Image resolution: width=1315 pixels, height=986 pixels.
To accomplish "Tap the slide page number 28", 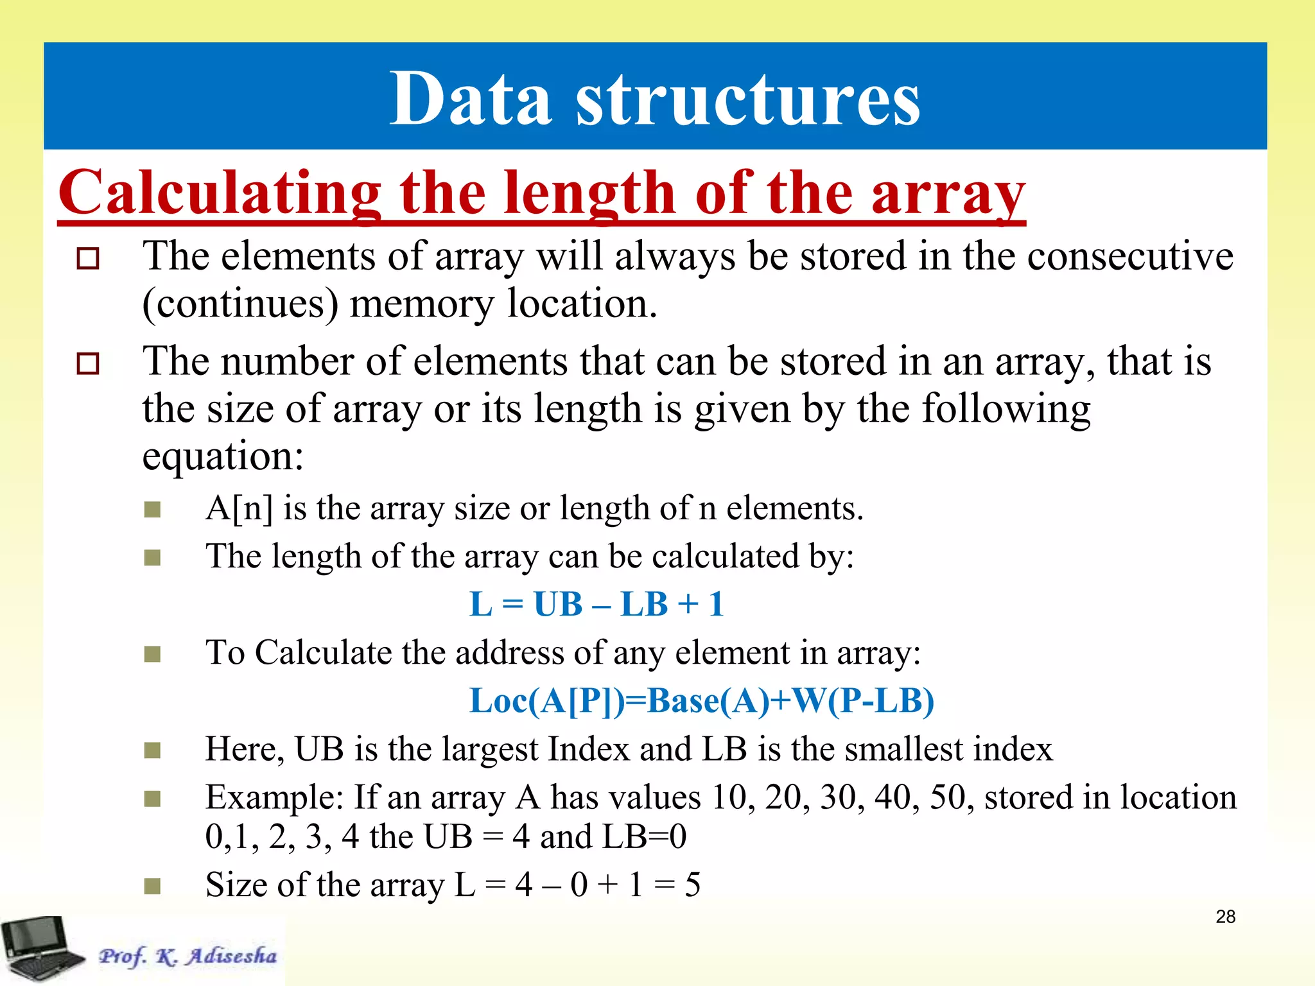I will pos(1225,917).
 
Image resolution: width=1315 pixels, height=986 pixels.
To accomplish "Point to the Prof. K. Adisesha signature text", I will pos(187,956).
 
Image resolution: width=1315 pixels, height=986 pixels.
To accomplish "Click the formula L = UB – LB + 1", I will pos(597,604).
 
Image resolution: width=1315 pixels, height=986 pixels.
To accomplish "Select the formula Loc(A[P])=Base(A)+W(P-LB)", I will pos(702,700).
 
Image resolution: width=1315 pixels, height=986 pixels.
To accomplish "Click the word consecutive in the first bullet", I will pos(1130,256).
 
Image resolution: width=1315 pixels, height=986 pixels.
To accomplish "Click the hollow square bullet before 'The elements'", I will pos(88,259).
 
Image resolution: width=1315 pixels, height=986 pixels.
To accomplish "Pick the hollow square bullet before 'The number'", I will pos(88,363).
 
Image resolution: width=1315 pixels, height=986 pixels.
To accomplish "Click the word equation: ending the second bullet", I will pos(223,456).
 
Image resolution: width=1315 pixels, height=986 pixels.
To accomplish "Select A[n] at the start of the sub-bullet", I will pos(239,508).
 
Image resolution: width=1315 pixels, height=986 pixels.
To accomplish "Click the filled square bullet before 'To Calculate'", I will pos(152,654).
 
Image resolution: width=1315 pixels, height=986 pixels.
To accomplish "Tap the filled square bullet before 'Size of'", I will pos(152,886).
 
